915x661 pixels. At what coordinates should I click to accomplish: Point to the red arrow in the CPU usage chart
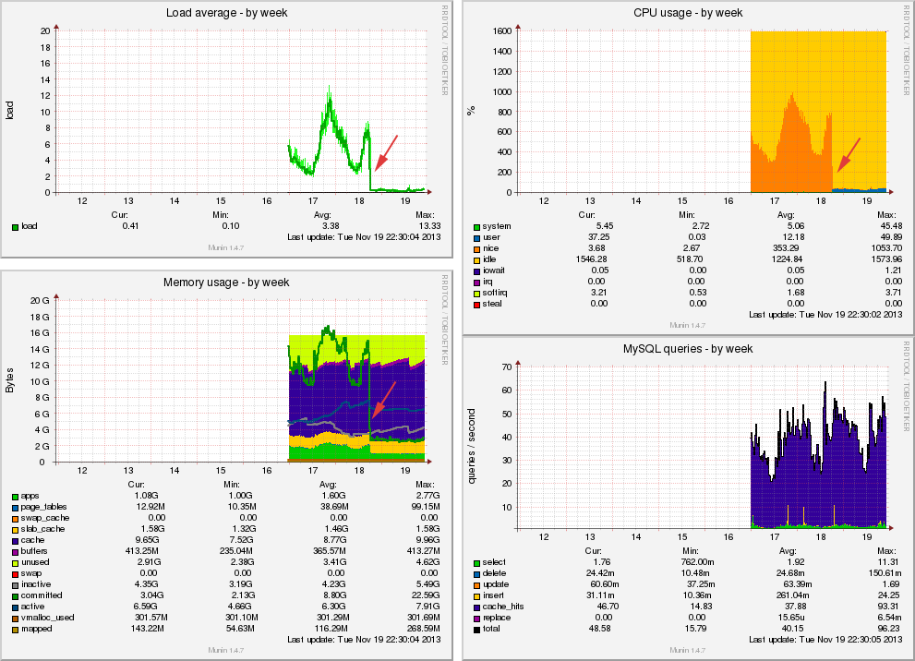(x=849, y=154)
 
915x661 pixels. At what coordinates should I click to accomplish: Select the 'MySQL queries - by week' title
(x=688, y=349)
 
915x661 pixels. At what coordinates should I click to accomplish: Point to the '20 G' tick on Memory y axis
(x=40, y=301)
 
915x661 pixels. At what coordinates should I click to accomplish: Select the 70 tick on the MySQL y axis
(x=505, y=367)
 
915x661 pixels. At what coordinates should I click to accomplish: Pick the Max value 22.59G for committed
(x=423, y=595)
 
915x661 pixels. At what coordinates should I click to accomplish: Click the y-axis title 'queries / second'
(x=472, y=448)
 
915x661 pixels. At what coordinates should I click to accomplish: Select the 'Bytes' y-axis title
(x=10, y=381)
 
